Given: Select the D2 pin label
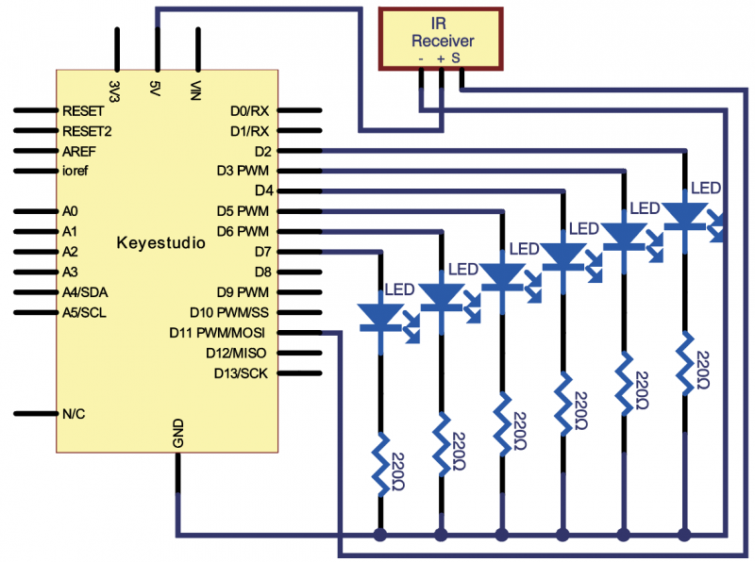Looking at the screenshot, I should (262, 150).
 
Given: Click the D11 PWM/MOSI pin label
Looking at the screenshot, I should (217, 332).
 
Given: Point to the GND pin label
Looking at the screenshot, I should (178, 433).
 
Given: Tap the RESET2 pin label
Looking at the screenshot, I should (87, 131).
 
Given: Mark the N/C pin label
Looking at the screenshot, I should (75, 413).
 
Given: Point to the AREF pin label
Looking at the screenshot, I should (79, 151).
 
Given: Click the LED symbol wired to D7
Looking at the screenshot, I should (380, 316).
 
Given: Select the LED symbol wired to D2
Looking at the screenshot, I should (684, 217).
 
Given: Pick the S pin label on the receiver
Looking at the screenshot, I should (455, 58).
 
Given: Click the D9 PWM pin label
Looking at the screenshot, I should (243, 291).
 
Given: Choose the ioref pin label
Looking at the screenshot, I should (77, 171).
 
